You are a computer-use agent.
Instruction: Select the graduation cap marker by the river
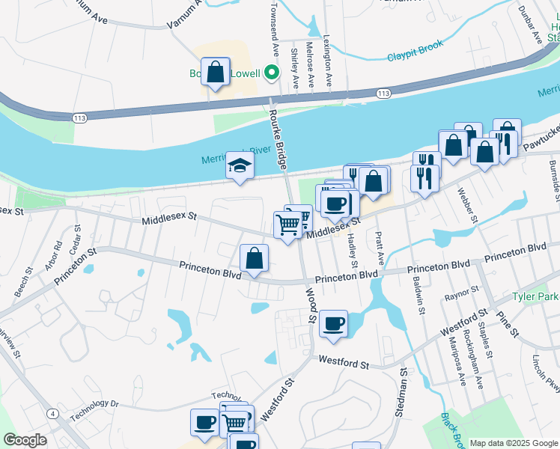tap(240, 166)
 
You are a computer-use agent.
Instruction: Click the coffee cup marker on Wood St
tap(333, 324)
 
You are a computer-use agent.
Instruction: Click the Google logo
tap(25, 440)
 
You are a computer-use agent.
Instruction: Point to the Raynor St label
tap(460, 291)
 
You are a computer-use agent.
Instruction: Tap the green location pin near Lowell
tap(272, 73)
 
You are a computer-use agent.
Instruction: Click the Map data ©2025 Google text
tap(513, 443)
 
